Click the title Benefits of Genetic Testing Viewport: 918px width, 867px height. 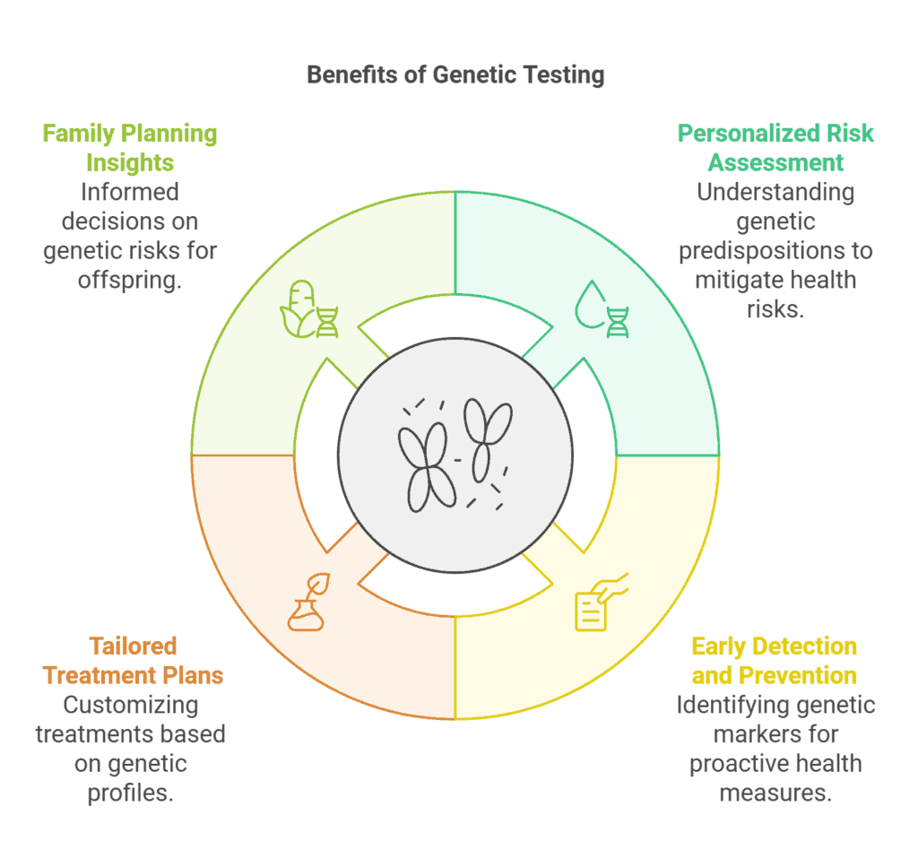pyautogui.click(x=455, y=74)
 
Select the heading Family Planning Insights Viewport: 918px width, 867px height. pyautogui.click(x=130, y=148)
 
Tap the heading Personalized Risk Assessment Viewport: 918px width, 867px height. pyautogui.click(x=775, y=148)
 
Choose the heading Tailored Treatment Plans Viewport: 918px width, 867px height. pyautogui.click(x=133, y=660)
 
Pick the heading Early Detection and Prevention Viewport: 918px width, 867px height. pyautogui.click(x=774, y=660)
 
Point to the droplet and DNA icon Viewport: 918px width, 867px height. pyautogui.click(x=602, y=310)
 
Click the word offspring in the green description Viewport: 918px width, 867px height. pyautogui.click(x=131, y=279)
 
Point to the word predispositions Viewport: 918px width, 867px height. pyautogui.click(x=775, y=249)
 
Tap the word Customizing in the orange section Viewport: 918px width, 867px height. pyautogui.click(x=130, y=705)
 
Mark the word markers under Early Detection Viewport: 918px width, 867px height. pyautogui.click(x=775, y=734)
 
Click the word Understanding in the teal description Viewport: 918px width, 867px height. pyautogui.click(x=775, y=192)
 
